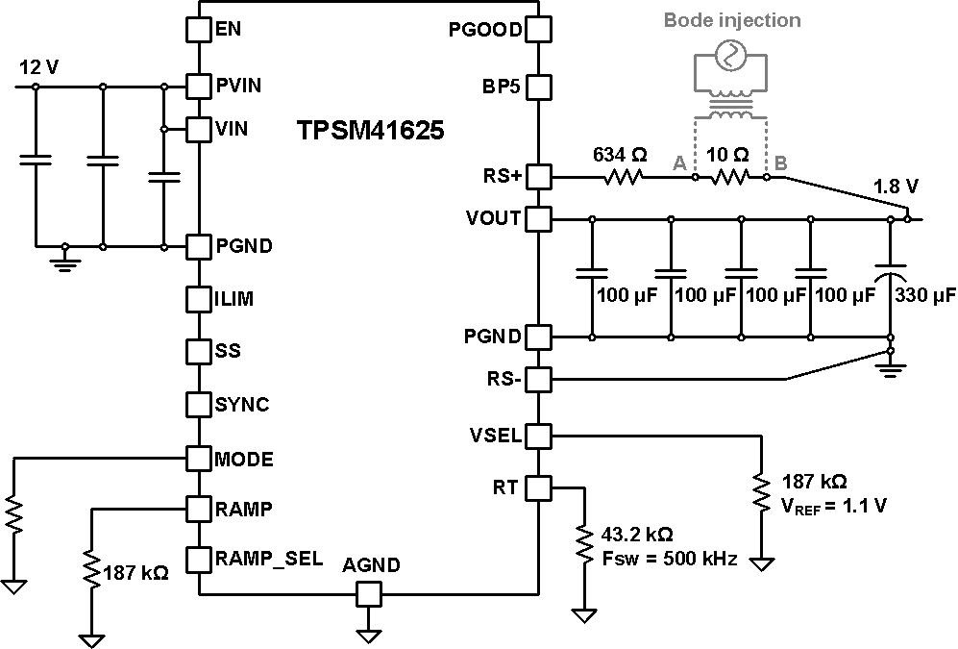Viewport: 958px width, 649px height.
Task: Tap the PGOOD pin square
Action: (538, 29)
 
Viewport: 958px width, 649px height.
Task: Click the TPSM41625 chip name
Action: (370, 131)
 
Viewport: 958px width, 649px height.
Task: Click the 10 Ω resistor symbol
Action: (729, 177)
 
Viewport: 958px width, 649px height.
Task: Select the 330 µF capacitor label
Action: (925, 295)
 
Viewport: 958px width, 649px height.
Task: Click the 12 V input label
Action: (38, 68)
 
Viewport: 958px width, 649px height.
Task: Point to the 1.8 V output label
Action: (896, 185)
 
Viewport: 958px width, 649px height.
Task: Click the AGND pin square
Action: (368, 596)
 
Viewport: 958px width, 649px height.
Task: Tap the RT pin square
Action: (538, 488)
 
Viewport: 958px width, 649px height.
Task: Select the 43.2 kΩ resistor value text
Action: (635, 534)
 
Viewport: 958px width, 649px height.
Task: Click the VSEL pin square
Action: (538, 436)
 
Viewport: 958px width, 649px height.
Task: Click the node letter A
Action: (679, 164)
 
